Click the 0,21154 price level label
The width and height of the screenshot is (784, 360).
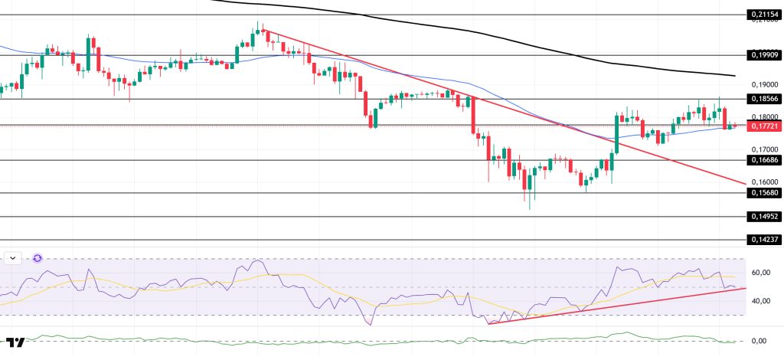click(763, 15)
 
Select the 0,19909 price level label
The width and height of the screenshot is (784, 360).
click(763, 55)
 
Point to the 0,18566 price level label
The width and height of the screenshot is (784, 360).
click(763, 99)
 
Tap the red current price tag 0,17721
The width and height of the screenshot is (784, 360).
click(763, 126)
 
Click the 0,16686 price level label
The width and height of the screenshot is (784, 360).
click(763, 160)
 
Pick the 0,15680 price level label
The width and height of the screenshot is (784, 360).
click(763, 193)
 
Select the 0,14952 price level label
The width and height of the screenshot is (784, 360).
click(763, 217)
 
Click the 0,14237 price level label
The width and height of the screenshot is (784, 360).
click(763, 240)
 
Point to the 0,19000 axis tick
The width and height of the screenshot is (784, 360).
click(763, 84)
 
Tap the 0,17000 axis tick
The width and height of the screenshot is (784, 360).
click(763, 149)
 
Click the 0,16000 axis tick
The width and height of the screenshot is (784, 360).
click(763, 182)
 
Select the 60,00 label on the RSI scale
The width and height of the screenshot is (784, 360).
click(761, 273)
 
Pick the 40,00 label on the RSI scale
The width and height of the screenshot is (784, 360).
click(761, 301)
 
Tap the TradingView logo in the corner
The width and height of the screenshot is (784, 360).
click(15, 342)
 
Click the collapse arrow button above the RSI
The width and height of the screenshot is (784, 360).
click(13, 259)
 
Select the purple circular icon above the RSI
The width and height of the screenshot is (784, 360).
click(37, 259)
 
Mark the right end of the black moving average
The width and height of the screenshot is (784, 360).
click(734, 76)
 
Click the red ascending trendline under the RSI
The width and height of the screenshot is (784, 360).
click(612, 304)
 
